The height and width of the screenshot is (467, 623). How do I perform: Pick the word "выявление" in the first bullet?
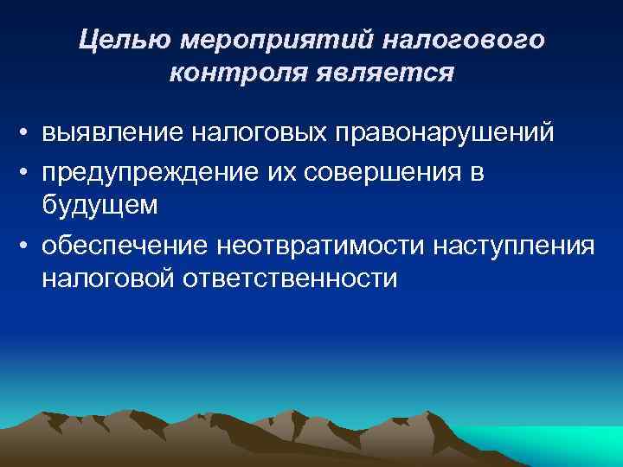(112, 134)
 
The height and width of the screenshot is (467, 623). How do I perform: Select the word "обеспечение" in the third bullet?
(124, 246)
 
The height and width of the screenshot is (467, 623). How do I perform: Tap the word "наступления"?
(503, 246)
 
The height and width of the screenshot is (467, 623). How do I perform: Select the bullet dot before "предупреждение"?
(28, 174)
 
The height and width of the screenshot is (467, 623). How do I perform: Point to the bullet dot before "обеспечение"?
(28, 247)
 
